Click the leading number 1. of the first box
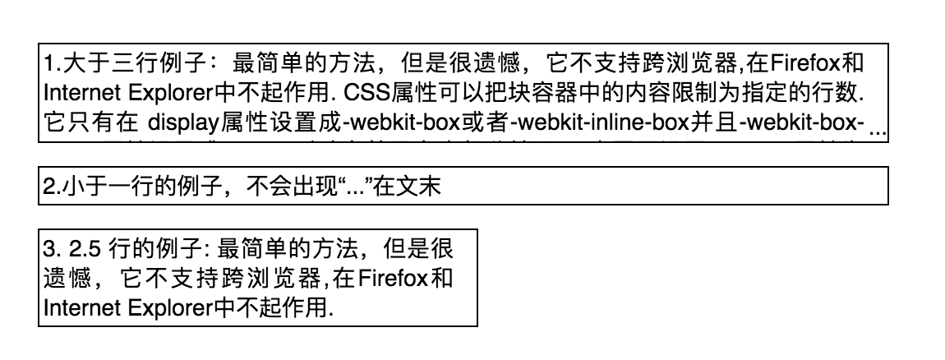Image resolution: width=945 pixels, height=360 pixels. click(51, 64)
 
